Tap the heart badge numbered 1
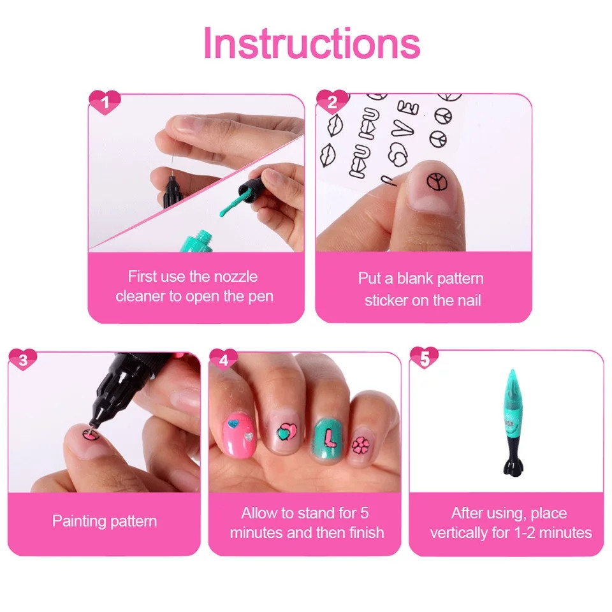click(x=105, y=102)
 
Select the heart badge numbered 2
click(x=332, y=101)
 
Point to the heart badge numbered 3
click(x=23, y=359)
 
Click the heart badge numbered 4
click(x=224, y=359)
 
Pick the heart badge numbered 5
click(x=425, y=358)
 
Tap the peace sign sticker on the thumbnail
click(x=436, y=182)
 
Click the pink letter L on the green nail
click(x=330, y=437)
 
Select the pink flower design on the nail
click(x=360, y=445)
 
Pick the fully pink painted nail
click(x=238, y=435)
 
